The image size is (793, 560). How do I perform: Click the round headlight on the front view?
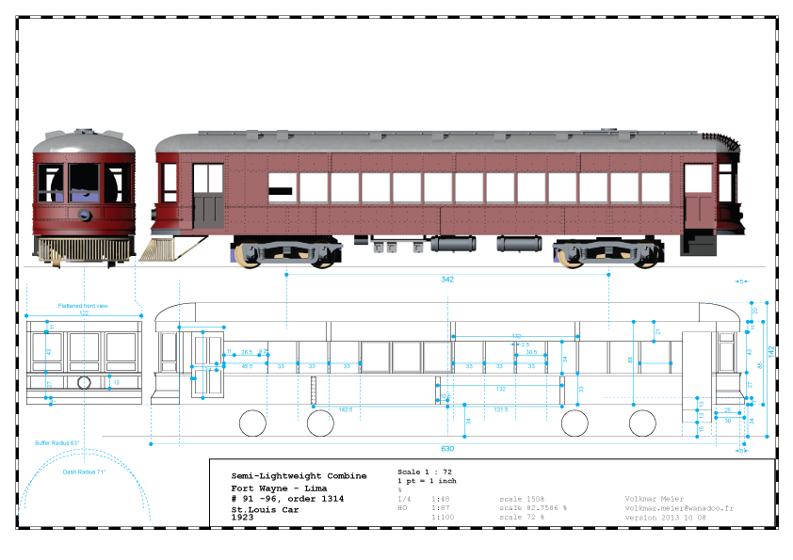point(86,215)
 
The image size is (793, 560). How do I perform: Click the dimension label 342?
point(448,280)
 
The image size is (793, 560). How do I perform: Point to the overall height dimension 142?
point(769,350)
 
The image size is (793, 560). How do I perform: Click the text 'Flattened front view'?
point(83,305)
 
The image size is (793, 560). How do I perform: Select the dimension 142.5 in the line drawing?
point(346,410)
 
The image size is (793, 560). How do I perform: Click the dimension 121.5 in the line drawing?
point(501,410)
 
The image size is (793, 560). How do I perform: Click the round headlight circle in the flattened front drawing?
point(85,382)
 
